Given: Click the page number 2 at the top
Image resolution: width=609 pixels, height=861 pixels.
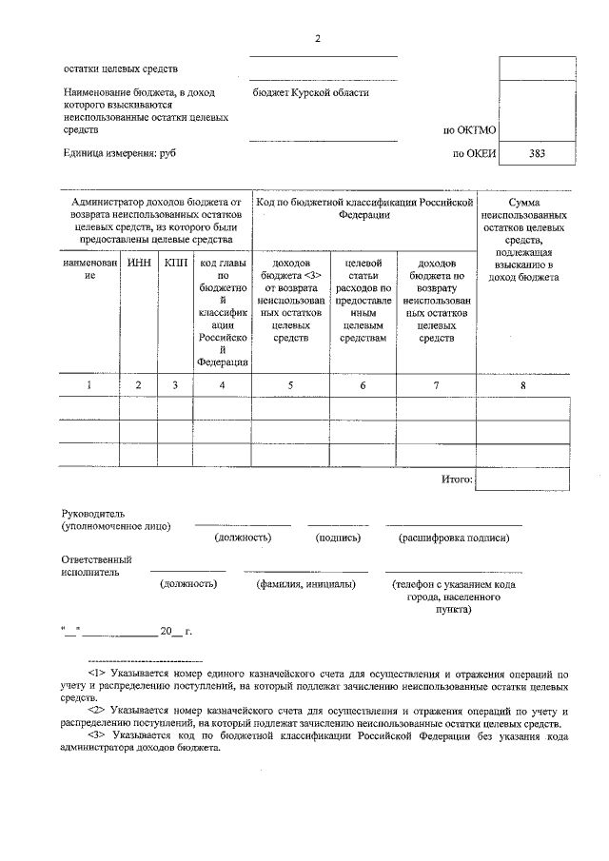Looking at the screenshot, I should pyautogui.click(x=319, y=38).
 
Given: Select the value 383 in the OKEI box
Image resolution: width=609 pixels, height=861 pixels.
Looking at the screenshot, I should pyautogui.click(x=538, y=152).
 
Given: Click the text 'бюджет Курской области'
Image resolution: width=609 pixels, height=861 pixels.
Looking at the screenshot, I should pyautogui.click(x=311, y=93).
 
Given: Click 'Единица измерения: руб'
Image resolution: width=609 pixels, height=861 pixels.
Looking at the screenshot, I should pyautogui.click(x=121, y=152).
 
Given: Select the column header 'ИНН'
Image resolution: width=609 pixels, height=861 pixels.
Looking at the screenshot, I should pyautogui.click(x=139, y=262).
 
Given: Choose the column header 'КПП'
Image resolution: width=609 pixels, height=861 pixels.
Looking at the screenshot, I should pyautogui.click(x=175, y=262).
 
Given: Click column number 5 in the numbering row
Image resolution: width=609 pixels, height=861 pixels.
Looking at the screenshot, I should pyautogui.click(x=290, y=384).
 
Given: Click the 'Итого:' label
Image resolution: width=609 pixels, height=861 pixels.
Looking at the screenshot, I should pyautogui.click(x=457, y=479).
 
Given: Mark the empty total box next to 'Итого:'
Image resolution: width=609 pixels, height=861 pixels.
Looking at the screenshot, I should pyautogui.click(x=522, y=479).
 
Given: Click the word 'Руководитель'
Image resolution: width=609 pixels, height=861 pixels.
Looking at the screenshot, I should pyautogui.click(x=92, y=514).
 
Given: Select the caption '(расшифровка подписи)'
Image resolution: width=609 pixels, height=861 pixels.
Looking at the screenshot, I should pyautogui.click(x=454, y=538).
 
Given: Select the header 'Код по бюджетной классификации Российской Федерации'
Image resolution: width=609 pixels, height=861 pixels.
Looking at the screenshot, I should pyautogui.click(x=364, y=208).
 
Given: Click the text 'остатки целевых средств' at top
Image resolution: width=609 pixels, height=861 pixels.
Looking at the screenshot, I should pyautogui.click(x=121, y=68).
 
